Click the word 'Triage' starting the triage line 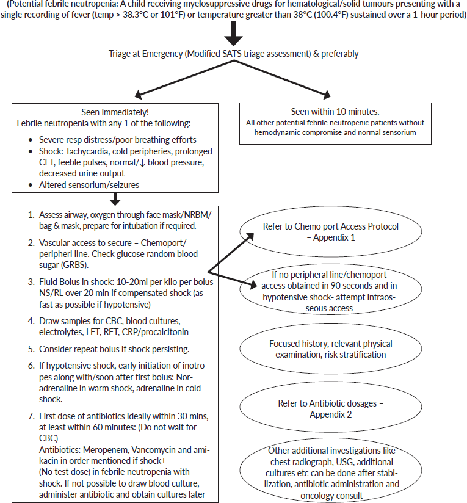click(x=118, y=54)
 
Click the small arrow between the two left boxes click(x=115, y=198)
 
